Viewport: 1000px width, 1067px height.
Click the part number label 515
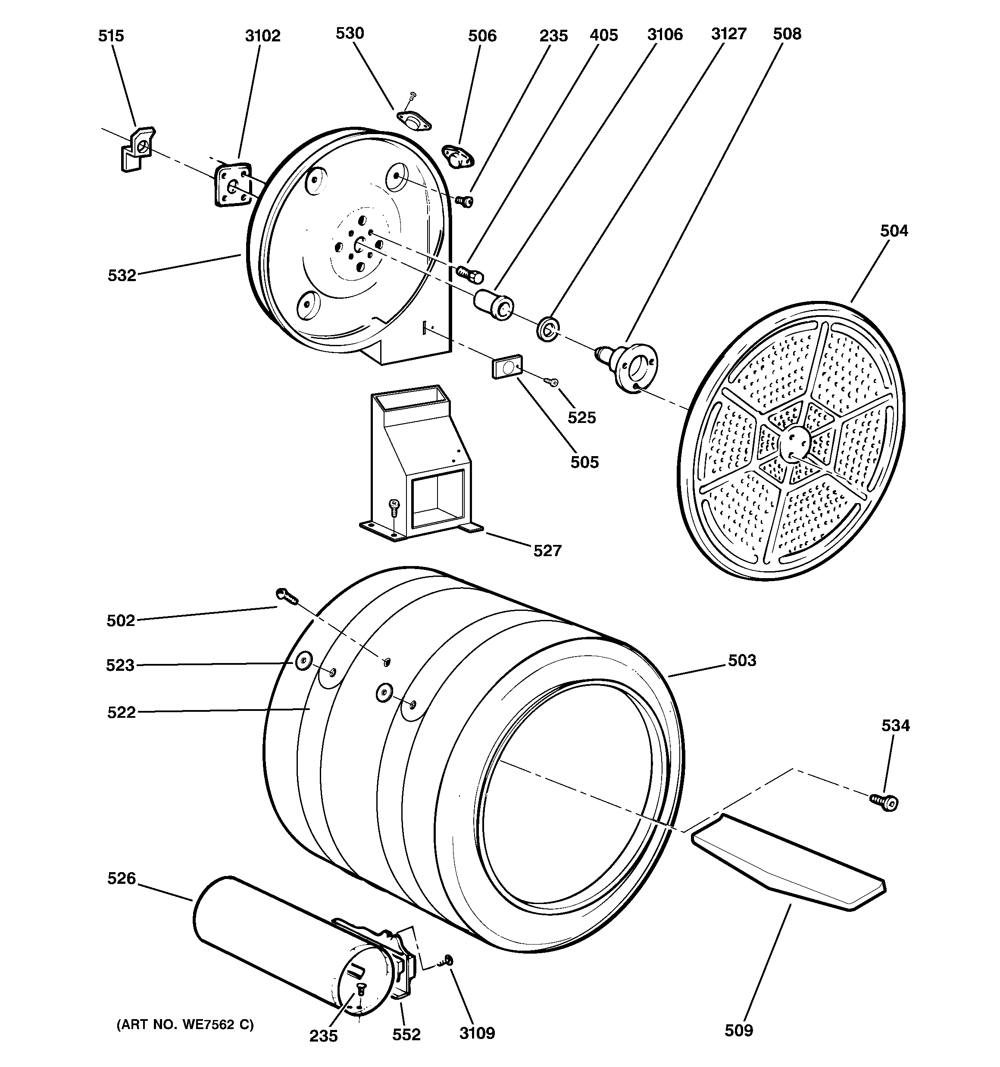[111, 36]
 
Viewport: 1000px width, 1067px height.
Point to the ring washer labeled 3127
[547, 328]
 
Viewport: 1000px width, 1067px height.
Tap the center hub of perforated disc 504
[794, 443]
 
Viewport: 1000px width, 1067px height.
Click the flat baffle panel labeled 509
[789, 861]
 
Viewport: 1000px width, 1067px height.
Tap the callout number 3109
[477, 1033]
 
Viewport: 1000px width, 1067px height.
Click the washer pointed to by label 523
[303, 661]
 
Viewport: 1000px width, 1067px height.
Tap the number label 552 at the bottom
[406, 1034]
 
